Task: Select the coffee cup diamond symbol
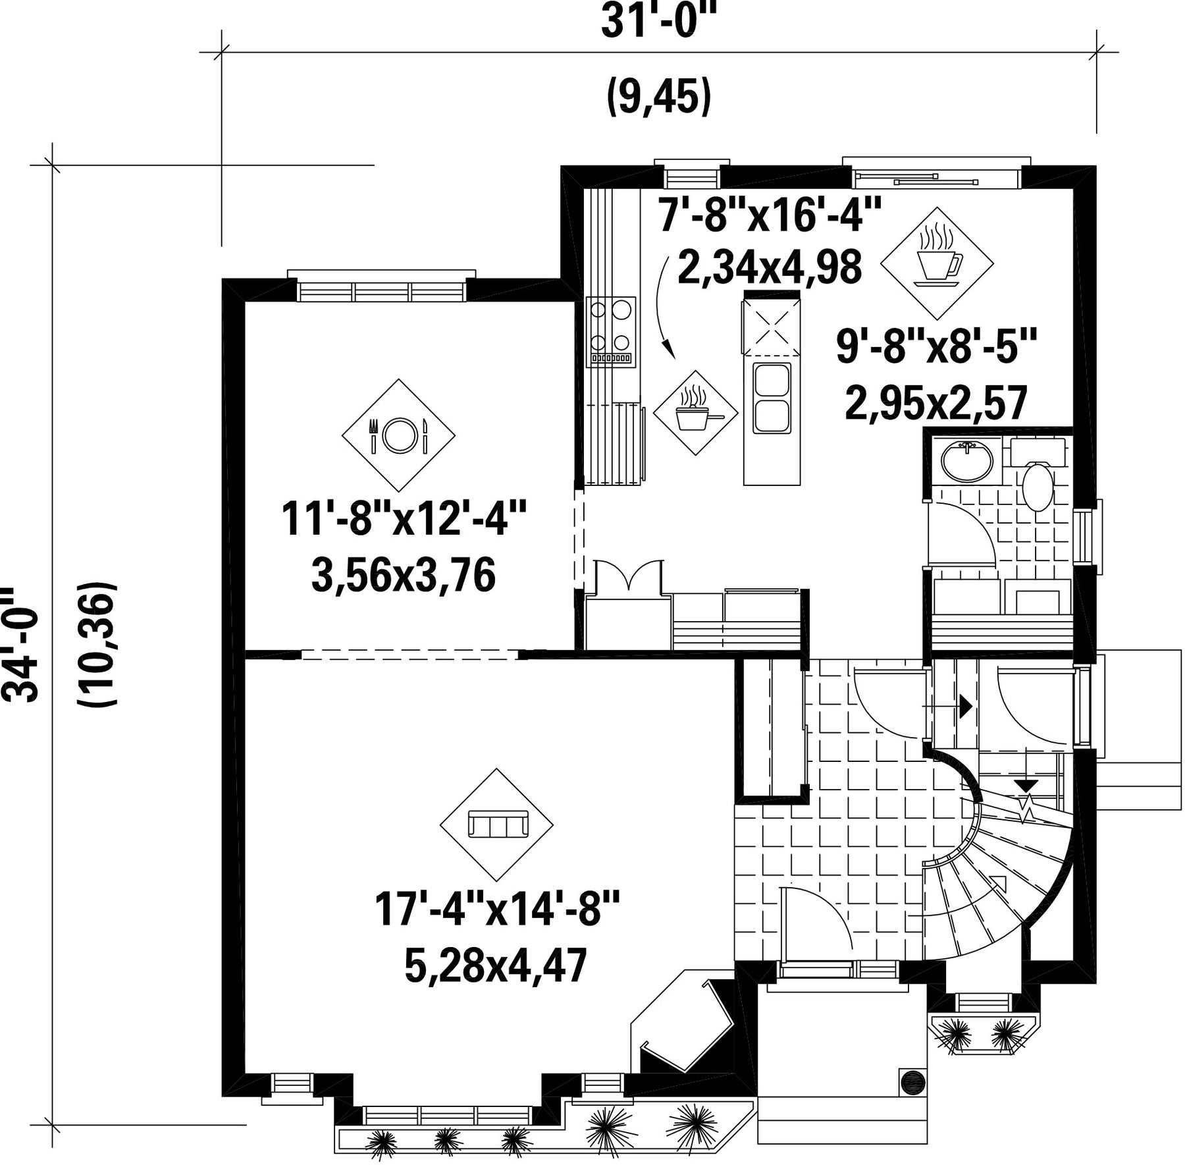point(937,263)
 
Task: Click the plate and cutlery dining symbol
point(398,435)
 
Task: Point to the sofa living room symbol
point(496,825)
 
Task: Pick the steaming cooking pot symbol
point(696,413)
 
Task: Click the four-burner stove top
point(612,331)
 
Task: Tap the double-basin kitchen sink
point(772,398)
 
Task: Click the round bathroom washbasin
point(966,462)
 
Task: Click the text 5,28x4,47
point(495,967)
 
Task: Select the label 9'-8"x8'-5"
point(936,347)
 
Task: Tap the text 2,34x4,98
point(769,268)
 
